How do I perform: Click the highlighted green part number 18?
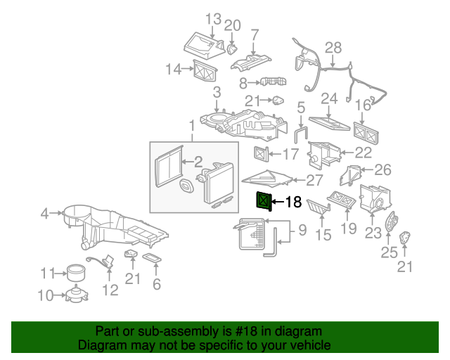262,202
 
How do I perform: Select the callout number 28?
333,48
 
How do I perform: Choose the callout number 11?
47,273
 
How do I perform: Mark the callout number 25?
389,252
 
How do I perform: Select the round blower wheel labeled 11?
75,271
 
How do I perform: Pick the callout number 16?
362,105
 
